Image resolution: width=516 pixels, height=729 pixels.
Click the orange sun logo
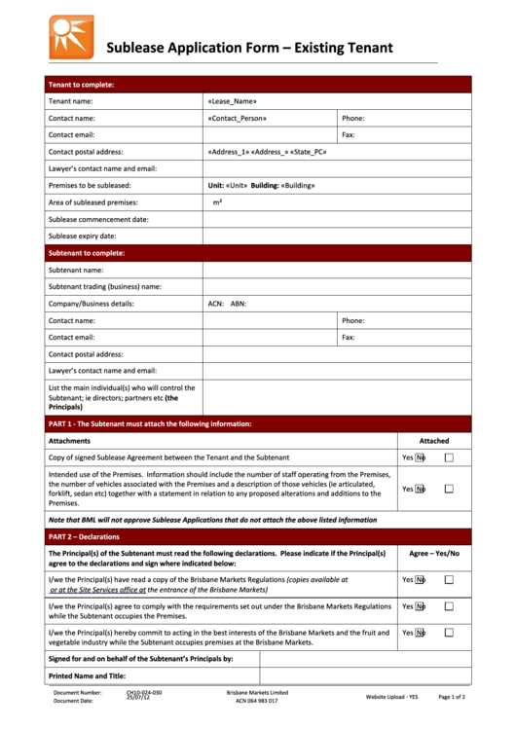[72, 37]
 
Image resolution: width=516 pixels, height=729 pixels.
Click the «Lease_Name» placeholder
[232, 101]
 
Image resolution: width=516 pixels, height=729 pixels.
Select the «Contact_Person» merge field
[237, 118]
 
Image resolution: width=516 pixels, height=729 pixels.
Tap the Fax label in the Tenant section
[348, 135]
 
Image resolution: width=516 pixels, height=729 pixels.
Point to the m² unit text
[218, 202]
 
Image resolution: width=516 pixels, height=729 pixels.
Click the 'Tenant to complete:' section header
[82, 85]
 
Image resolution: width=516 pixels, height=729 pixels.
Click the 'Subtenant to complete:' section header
[87, 253]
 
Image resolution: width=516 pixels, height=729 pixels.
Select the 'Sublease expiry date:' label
[83, 237]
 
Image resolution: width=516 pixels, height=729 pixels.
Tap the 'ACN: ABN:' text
[227, 304]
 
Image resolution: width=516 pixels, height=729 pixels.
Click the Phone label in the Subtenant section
[352, 320]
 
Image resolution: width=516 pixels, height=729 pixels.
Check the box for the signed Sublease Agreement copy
[449, 457]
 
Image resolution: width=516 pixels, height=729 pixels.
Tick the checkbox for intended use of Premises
[449, 490]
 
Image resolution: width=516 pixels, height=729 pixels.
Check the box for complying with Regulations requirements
[449, 606]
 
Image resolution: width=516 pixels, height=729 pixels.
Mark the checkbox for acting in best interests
[449, 633]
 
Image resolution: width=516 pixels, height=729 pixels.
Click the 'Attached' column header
[434, 441]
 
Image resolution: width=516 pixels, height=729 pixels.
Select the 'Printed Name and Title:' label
[87, 675]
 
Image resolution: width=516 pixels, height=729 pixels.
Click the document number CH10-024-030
[144, 693]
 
